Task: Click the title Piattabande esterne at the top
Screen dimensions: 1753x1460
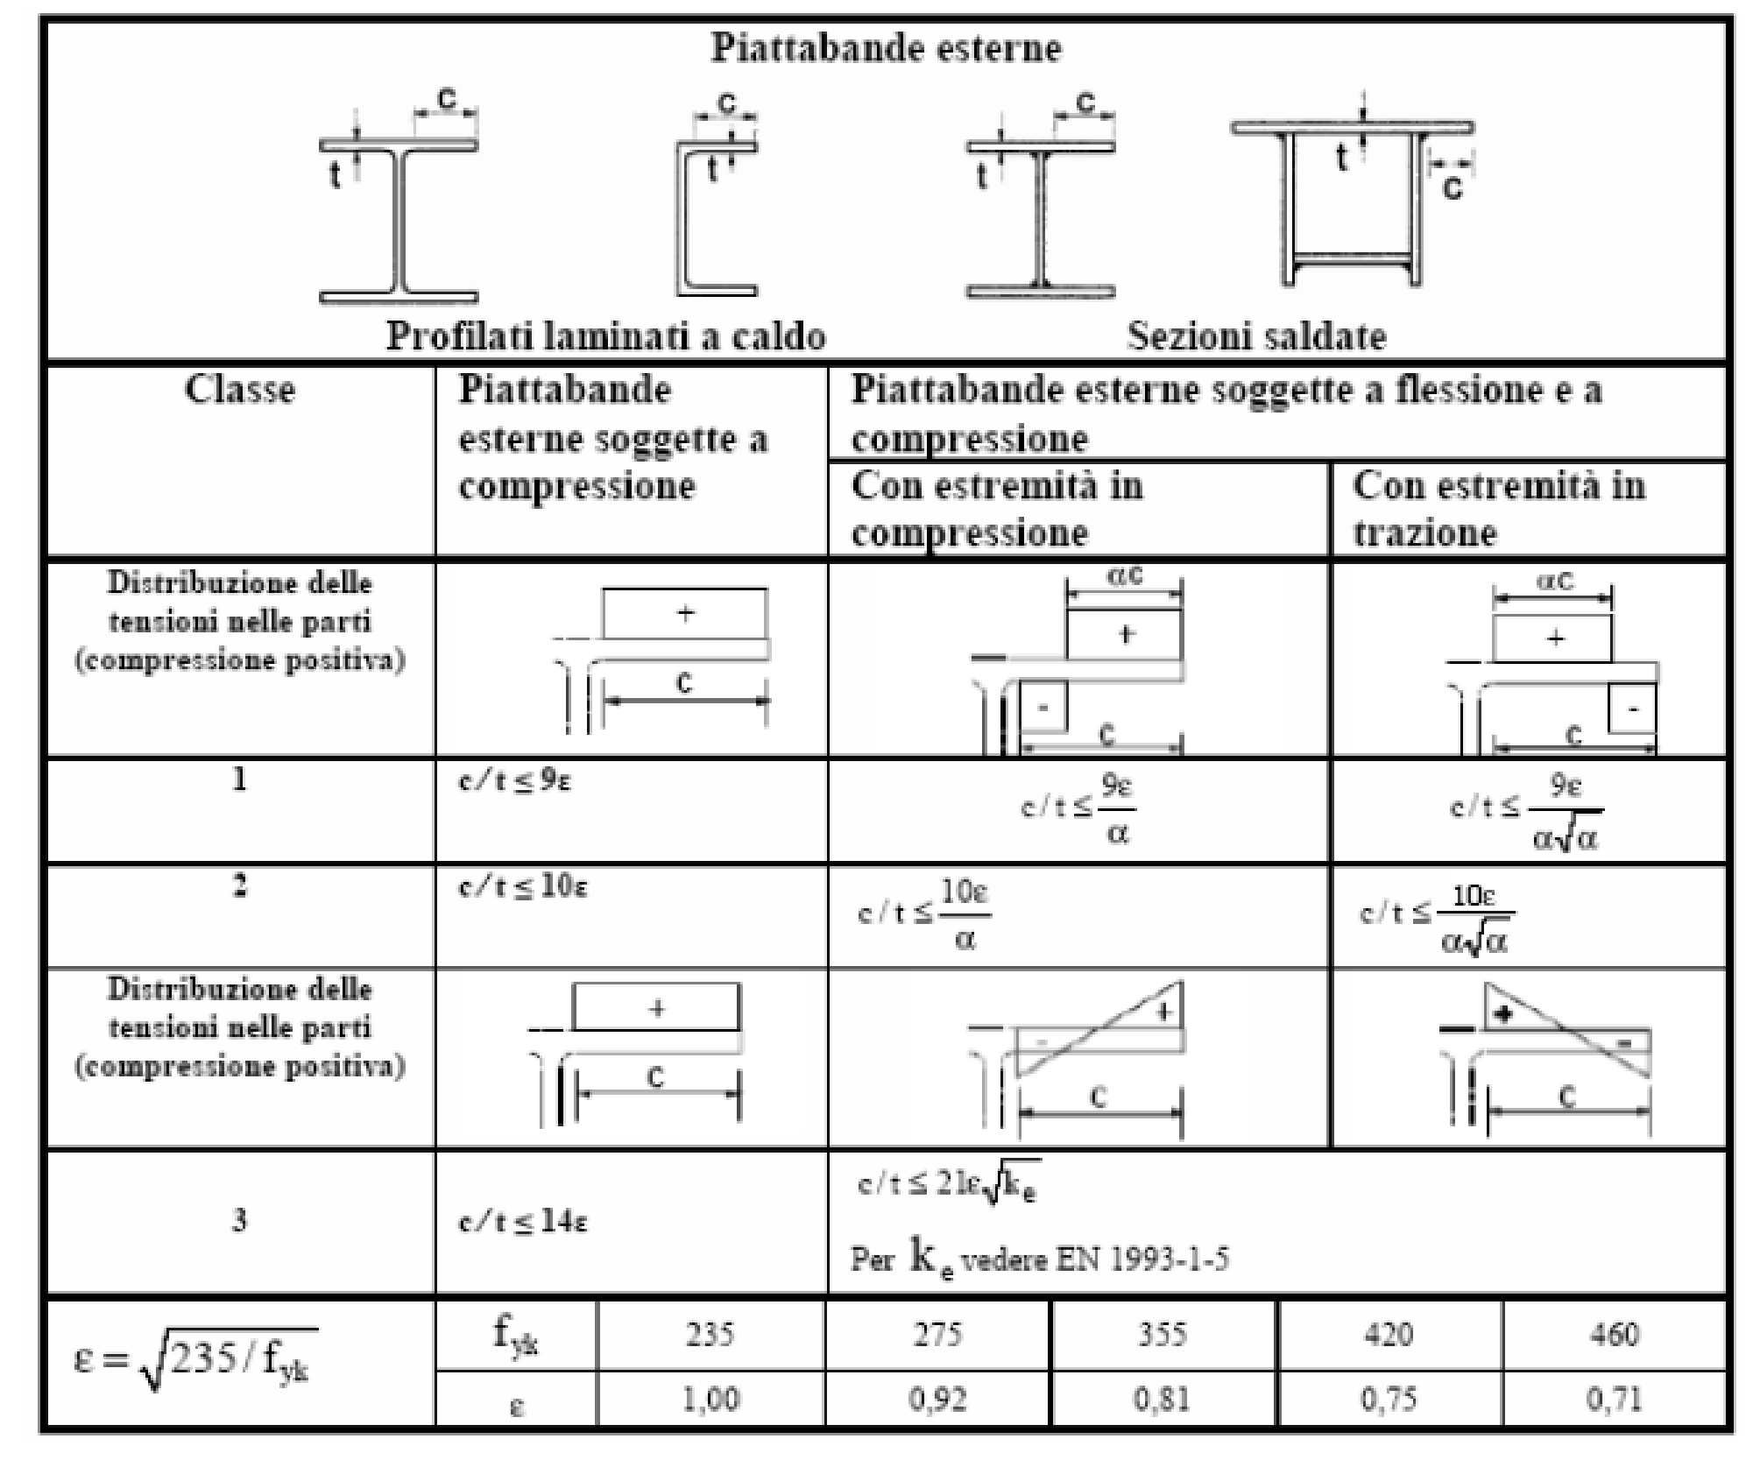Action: point(886,47)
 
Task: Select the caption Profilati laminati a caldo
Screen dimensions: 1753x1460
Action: point(606,336)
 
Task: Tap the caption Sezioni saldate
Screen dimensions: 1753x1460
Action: point(1256,336)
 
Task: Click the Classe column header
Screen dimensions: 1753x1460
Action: point(239,390)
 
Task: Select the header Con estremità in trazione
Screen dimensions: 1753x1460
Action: point(1499,509)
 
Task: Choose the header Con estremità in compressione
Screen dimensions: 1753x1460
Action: point(997,509)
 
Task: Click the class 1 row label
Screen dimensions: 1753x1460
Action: point(239,779)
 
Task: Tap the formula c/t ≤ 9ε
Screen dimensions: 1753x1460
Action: point(514,780)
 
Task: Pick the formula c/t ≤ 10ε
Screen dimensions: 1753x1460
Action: point(523,886)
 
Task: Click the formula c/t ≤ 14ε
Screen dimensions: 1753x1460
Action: point(523,1221)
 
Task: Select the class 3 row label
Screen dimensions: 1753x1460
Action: point(239,1220)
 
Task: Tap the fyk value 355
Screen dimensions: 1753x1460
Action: point(1163,1334)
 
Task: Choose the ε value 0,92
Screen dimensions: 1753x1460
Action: point(937,1399)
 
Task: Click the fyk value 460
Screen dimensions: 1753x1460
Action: point(1615,1334)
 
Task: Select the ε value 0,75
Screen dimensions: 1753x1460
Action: point(1389,1399)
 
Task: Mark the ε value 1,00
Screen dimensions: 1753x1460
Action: point(710,1399)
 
